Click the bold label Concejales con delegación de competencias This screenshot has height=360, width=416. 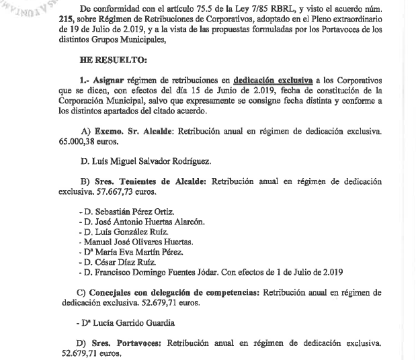click(x=175, y=293)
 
